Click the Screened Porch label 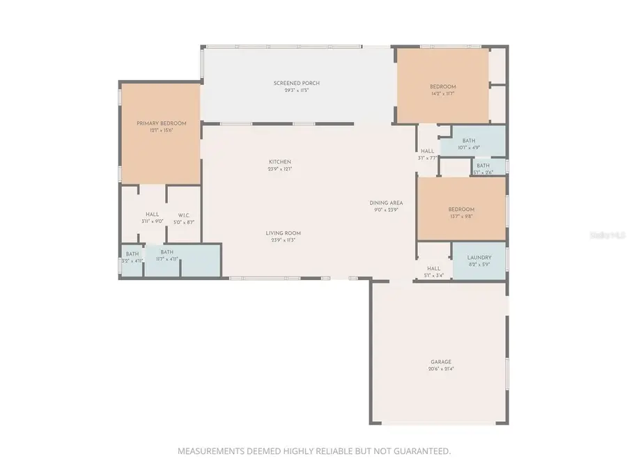point(297,84)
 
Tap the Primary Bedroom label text point(162,123)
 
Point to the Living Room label point(283,233)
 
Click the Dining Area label point(386,203)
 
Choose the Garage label point(440,362)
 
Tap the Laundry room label point(479,258)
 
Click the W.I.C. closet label point(185,215)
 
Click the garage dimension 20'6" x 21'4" point(440,369)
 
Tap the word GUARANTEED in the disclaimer point(419,451)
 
